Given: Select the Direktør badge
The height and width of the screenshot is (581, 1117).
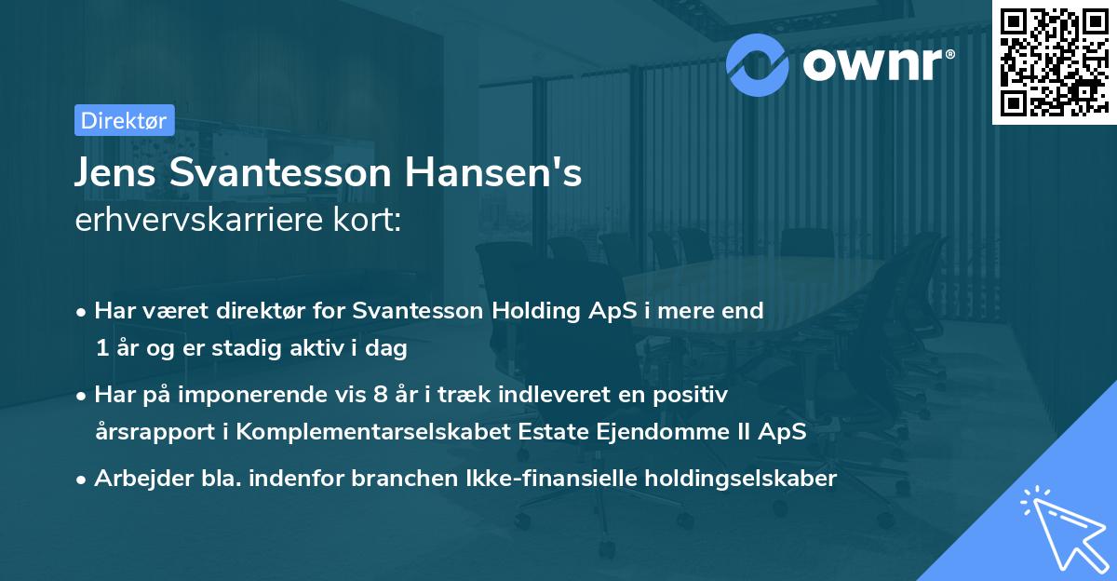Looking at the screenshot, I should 123,120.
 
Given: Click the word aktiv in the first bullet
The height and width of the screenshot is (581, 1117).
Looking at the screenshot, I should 342,349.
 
